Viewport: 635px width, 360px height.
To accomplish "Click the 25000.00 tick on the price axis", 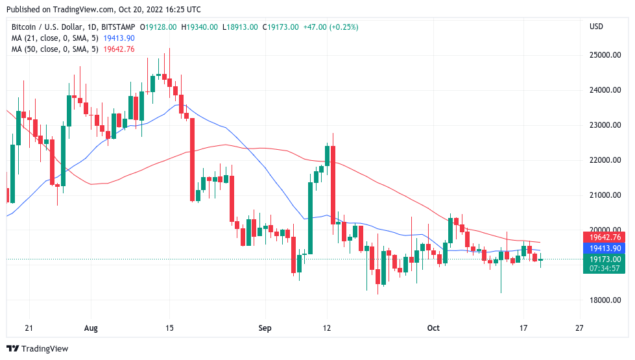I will (x=603, y=55).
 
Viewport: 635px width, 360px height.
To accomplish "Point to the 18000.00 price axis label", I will (x=603, y=300).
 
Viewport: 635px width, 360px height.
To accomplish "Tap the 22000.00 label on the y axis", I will (x=603, y=160).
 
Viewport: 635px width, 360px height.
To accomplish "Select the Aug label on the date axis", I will (x=91, y=328).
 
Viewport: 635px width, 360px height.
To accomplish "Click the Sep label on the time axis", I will (x=264, y=328).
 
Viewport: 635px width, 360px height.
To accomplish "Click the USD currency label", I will (x=596, y=27).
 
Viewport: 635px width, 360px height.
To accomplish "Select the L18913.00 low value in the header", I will (x=240, y=27).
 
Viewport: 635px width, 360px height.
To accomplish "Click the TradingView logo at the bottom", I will (x=37, y=349).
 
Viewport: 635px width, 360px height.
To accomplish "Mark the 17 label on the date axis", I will (x=523, y=328).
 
